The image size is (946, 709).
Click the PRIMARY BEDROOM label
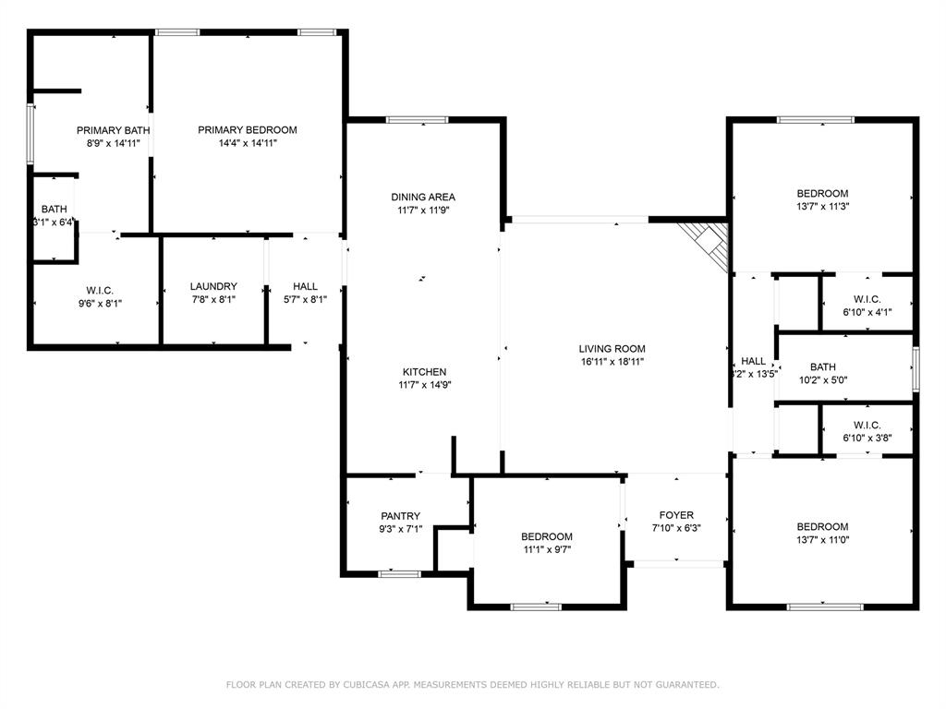pos(247,130)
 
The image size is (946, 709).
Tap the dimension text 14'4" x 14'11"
pos(247,143)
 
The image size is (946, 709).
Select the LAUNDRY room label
pos(213,286)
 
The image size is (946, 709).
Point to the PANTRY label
pos(400,516)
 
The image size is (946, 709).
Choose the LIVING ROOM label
pos(612,349)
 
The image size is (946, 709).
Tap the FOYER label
pos(676,515)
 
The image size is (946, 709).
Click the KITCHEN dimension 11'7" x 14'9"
pos(424,385)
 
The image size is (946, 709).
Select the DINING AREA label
pos(423,197)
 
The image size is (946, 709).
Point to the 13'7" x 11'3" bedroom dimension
pos(822,207)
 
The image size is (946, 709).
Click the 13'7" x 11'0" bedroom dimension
pos(822,540)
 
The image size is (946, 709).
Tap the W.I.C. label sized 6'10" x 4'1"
pos(867,299)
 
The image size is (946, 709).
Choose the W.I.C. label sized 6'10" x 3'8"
pos(867,425)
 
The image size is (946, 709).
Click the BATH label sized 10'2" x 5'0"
pos(822,367)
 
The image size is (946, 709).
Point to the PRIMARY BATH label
pos(113,130)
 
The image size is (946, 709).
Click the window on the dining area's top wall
pos(417,119)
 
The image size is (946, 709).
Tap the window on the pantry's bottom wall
pos(400,573)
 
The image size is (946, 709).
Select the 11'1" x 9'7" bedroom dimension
pos(546,549)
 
